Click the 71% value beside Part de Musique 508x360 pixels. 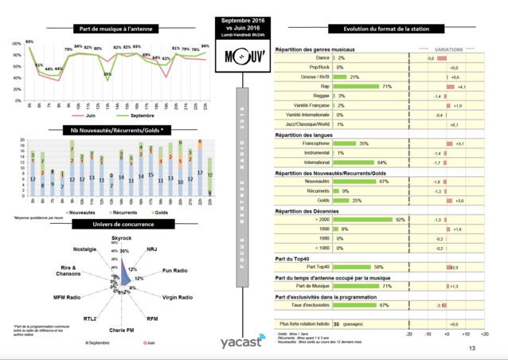coord(387,285)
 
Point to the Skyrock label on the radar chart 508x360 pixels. coord(121,238)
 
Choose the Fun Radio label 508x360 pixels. coord(176,271)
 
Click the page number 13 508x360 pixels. coord(472,348)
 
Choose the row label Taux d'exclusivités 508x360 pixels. coord(311,305)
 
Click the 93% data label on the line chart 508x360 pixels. coord(29,41)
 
